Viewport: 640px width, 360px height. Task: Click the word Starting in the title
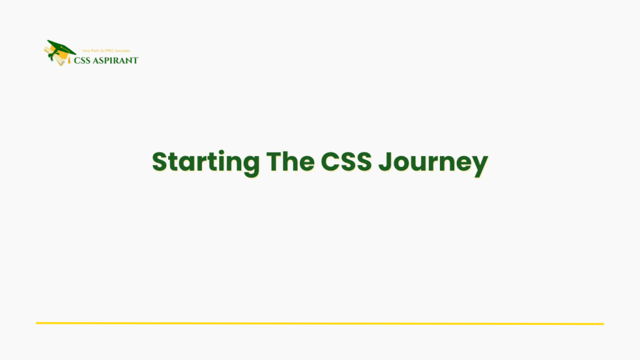point(206,162)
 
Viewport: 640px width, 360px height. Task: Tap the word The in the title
point(290,161)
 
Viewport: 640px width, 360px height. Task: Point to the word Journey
point(434,162)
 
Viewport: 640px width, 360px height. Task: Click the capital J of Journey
point(387,161)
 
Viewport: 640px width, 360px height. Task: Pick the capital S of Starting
point(161,161)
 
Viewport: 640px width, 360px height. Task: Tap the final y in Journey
point(479,165)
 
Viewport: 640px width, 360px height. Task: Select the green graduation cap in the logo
point(62,47)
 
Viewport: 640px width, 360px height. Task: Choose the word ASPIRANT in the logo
point(117,61)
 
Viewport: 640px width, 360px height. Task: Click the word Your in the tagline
point(87,51)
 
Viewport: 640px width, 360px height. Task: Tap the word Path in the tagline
point(97,51)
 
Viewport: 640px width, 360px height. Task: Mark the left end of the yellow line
point(37,323)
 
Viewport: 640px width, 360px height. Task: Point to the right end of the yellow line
point(602,324)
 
